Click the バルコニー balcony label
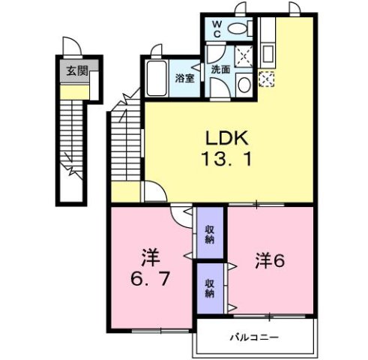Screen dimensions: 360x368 [x=254, y=337]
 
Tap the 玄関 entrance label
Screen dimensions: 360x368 [x=73, y=72]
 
